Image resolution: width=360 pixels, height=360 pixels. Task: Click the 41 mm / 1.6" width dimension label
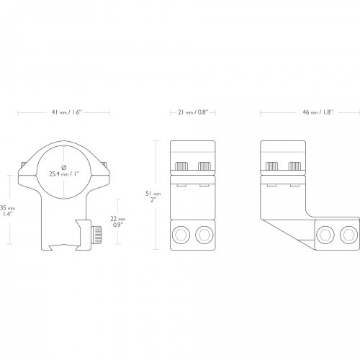tap(67, 112)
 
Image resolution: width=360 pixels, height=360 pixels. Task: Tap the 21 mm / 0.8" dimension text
tap(193, 112)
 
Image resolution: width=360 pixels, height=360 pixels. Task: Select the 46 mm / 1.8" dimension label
tap(318, 112)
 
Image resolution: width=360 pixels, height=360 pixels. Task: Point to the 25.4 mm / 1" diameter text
tap(64, 174)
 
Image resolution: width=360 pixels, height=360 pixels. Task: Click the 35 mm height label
tap(7, 211)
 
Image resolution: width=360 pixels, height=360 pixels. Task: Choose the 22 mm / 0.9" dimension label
tap(118, 222)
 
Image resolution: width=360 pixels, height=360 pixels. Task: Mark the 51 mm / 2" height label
tap(153, 197)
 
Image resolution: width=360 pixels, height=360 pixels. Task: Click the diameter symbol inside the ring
tap(64, 167)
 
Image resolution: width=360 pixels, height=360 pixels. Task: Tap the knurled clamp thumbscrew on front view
tap(96, 234)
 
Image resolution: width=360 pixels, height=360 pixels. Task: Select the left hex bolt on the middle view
tap(181, 235)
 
